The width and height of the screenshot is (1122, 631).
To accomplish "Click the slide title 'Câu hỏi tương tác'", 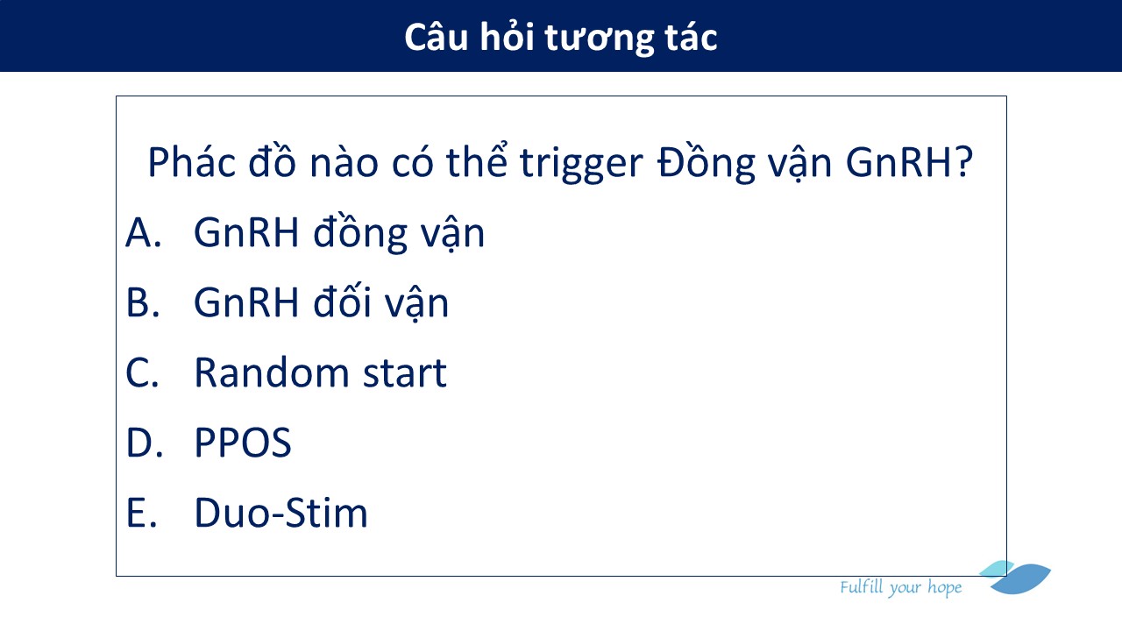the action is click(x=560, y=38).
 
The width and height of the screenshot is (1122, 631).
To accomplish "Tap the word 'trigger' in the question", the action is click(x=581, y=165).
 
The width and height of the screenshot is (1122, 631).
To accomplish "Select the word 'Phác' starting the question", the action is click(x=191, y=162).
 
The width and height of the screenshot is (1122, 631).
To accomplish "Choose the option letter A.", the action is click(x=143, y=232).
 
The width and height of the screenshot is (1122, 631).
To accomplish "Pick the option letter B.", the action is click(x=143, y=302).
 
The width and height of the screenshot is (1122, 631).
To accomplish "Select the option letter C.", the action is click(x=142, y=372).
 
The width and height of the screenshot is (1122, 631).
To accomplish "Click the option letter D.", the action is click(x=145, y=443).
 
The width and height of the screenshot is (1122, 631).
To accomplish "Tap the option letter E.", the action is click(x=142, y=513).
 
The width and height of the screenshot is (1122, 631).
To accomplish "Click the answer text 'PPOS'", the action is click(x=243, y=443).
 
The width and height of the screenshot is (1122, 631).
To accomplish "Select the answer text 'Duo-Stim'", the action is click(x=281, y=513).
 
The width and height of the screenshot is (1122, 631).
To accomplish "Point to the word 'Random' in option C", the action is click(x=271, y=372).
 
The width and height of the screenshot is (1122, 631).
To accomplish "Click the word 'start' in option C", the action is click(x=405, y=373).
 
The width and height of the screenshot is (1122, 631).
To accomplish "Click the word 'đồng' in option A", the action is click(x=359, y=233).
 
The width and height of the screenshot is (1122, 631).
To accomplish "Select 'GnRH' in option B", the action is click(x=246, y=302).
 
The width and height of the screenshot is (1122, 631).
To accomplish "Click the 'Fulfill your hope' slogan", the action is click(x=900, y=587).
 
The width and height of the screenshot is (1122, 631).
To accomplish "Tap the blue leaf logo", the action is click(x=1015, y=578).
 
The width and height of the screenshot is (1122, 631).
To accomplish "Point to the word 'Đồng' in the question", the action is click(x=706, y=163).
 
